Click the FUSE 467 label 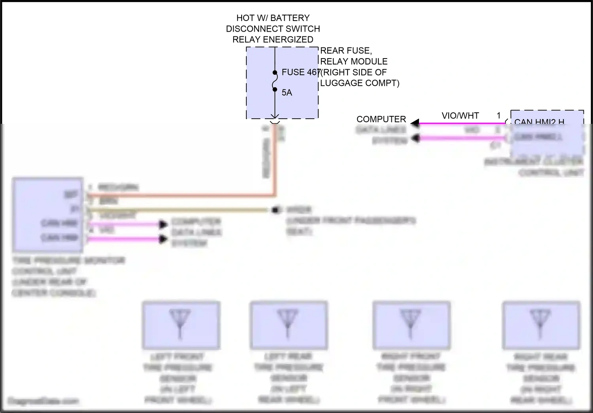click(300, 72)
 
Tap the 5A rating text click(287, 93)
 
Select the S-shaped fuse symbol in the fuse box click(274, 81)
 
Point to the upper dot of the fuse click(275, 73)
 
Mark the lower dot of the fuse click(275, 89)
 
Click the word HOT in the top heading click(245, 18)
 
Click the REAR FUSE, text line click(346, 51)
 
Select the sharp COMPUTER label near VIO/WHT click(381, 119)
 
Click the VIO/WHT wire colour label click(460, 116)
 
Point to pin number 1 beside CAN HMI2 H click(499, 116)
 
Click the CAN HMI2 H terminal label click(539, 122)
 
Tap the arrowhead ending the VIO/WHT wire click(415, 123)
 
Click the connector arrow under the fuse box click(275, 117)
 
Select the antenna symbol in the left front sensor click(180, 323)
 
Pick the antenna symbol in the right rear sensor click(540, 323)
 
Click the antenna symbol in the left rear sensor click(288, 323)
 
